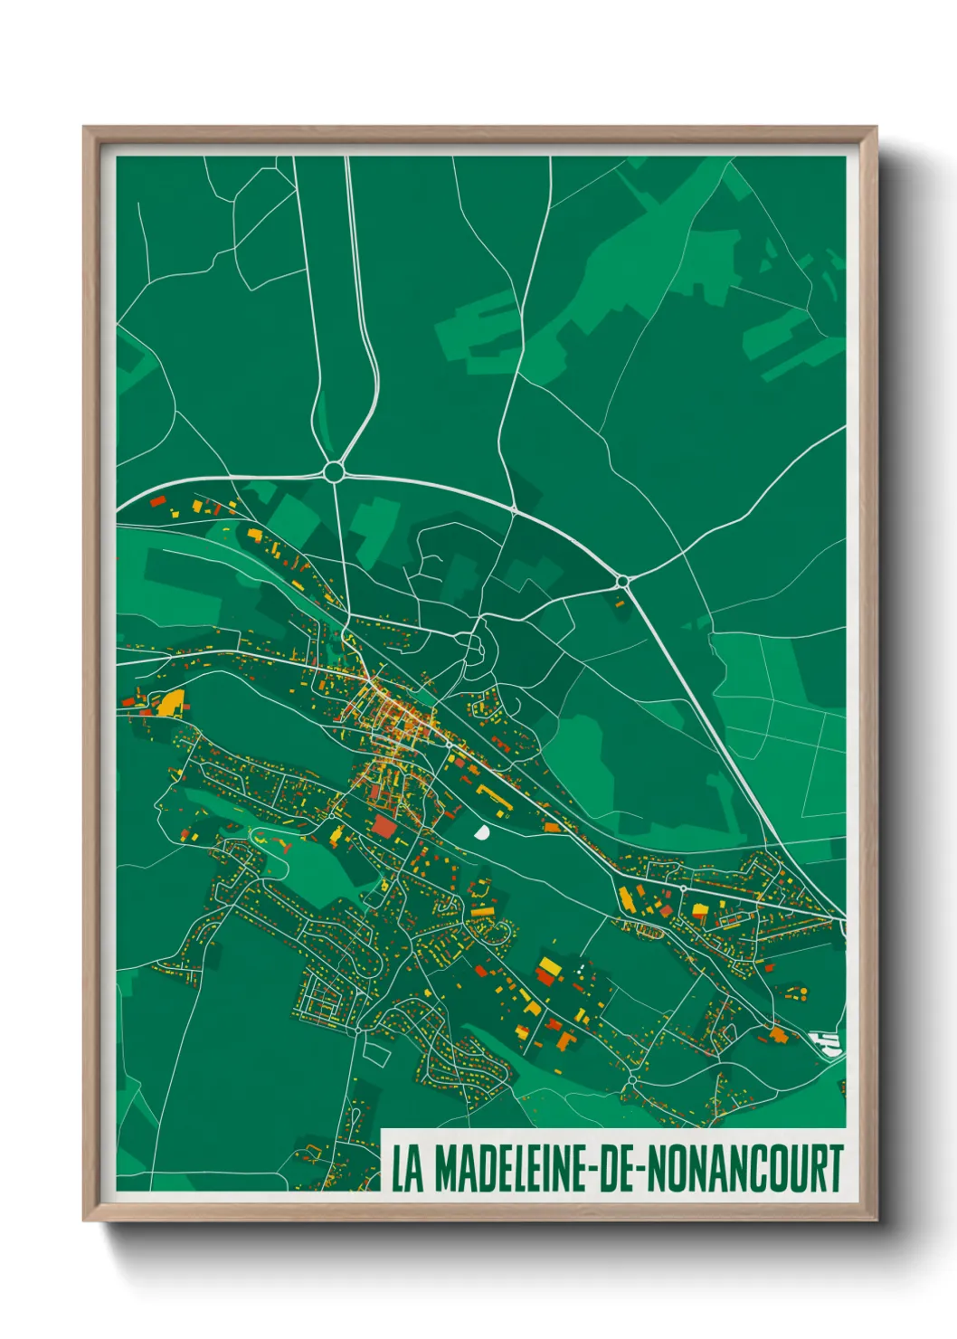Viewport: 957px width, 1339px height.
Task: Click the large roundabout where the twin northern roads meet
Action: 334,471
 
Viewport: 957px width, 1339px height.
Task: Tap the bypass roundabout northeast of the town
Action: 622,580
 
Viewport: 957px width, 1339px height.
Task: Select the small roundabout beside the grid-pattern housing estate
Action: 358,1029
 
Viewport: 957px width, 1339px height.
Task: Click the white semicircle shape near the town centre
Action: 480,831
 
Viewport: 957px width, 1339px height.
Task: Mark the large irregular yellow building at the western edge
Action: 171,702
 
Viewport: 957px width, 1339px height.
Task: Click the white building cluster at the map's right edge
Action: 828,1043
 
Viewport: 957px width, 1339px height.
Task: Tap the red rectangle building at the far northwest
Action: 157,499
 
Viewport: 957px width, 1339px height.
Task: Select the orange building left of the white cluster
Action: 778,1033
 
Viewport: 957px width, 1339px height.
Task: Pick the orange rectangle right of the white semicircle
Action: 551,827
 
